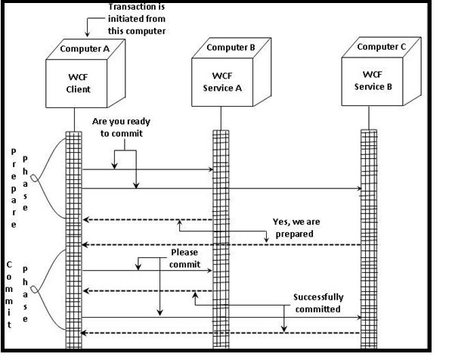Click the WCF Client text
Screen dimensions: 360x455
point(78,83)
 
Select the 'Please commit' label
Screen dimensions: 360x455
point(186,258)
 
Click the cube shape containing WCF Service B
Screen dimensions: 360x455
point(376,79)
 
